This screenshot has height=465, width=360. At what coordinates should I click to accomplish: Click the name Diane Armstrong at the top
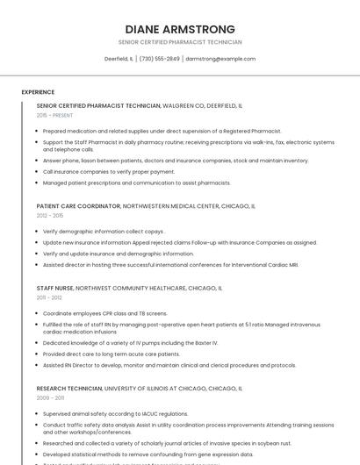[x=180, y=29]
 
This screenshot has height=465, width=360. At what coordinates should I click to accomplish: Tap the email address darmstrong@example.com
[x=220, y=59]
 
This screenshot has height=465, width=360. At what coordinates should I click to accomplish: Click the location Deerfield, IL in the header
[x=119, y=59]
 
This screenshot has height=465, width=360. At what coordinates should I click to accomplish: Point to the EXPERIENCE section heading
[x=38, y=92]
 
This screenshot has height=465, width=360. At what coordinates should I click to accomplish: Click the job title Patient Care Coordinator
[x=78, y=206]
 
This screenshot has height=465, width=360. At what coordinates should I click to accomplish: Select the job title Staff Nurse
[x=54, y=288]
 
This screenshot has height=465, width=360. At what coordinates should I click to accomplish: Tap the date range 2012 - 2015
[x=50, y=216]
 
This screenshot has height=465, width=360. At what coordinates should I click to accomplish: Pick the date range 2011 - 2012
[x=49, y=297]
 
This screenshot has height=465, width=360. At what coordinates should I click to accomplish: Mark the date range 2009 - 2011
[x=49, y=397]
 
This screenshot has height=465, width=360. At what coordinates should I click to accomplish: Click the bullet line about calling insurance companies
[x=109, y=172]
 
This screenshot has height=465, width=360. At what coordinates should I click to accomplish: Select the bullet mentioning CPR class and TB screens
[x=104, y=313]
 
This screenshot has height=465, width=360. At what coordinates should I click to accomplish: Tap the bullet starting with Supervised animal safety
[x=115, y=413]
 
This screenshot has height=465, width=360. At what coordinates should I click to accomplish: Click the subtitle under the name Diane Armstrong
[x=180, y=42]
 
